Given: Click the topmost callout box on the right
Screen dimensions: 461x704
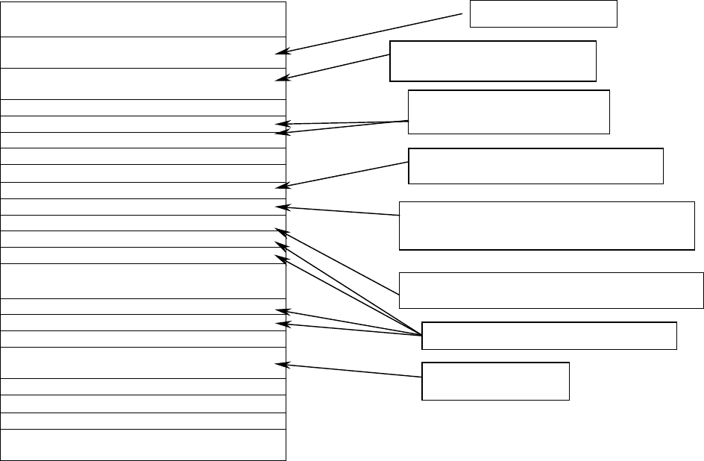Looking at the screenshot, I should point(543,13).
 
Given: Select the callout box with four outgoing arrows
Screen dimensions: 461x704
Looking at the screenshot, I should point(549,336).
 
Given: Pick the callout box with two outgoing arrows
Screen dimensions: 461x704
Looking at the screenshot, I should point(509,112).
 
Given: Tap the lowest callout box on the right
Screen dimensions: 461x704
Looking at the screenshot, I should point(495,381).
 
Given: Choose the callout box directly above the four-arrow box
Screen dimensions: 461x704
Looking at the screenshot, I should point(551,290).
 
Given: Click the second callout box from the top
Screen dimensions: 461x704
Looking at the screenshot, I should point(493,60).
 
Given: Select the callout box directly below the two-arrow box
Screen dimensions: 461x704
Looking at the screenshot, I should point(535,166).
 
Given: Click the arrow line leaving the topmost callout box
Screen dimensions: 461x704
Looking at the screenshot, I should point(373,33).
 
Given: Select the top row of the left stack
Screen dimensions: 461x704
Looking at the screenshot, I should point(144,19).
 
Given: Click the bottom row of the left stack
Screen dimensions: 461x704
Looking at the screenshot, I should point(144,445).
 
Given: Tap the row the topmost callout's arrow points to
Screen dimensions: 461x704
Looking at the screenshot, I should point(144,52).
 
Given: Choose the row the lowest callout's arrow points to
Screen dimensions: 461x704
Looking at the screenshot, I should point(144,363).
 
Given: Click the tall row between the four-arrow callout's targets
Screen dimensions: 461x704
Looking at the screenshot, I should point(144,281).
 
